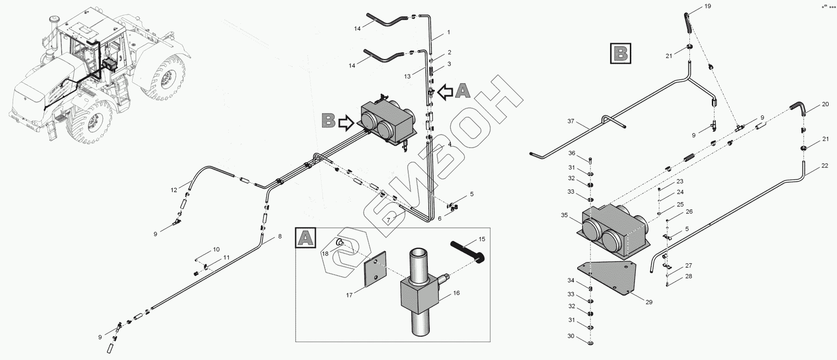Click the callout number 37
click(x=571, y=121)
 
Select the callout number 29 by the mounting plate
click(x=649, y=302)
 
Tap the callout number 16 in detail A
click(x=456, y=293)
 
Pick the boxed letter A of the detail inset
click(x=306, y=239)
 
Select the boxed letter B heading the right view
click(x=621, y=53)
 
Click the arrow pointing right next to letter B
click(x=346, y=123)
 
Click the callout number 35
click(x=564, y=215)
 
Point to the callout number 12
click(x=174, y=190)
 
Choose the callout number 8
click(x=280, y=236)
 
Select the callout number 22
click(x=825, y=165)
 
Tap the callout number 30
click(x=570, y=336)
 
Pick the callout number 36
click(x=571, y=153)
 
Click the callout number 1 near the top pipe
click(x=448, y=32)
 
